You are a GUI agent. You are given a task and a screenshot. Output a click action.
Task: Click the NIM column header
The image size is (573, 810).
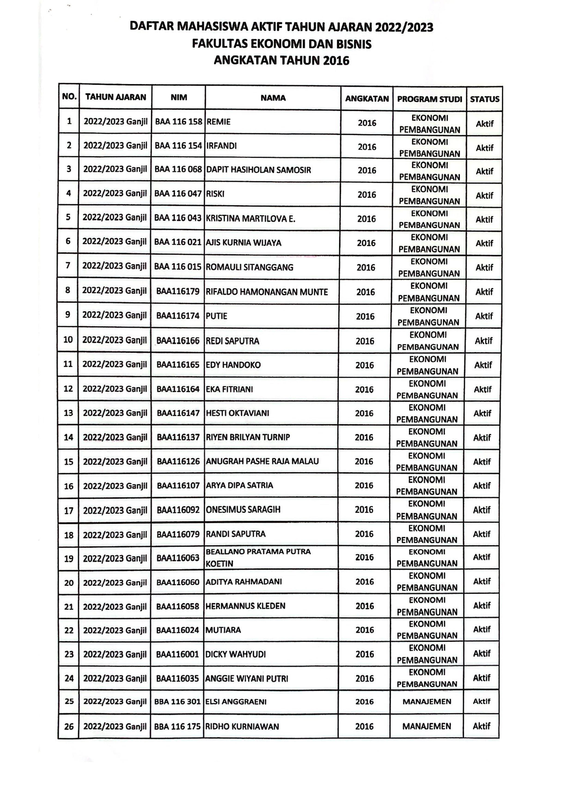[179, 98]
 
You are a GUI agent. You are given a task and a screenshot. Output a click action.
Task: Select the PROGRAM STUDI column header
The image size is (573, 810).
[429, 99]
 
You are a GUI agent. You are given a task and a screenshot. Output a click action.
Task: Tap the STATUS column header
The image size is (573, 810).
[484, 99]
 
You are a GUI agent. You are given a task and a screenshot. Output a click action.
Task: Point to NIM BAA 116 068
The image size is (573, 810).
[178, 169]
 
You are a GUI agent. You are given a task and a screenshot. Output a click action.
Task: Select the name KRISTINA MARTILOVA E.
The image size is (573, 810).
[250, 219]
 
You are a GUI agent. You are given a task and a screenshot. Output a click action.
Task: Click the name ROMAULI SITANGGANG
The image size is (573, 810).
[249, 267]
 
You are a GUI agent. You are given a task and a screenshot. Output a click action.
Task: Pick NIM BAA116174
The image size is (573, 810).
[178, 316]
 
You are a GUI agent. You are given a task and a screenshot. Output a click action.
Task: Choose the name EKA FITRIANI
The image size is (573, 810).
[229, 389]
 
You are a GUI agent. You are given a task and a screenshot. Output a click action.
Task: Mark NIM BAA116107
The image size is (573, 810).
[178, 485]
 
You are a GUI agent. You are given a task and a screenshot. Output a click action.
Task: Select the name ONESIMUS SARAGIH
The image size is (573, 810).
[243, 509]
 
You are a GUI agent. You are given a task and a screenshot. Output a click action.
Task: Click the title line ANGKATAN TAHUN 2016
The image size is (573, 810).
[281, 61]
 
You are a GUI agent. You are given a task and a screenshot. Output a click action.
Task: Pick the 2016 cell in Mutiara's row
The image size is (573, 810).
[364, 630]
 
